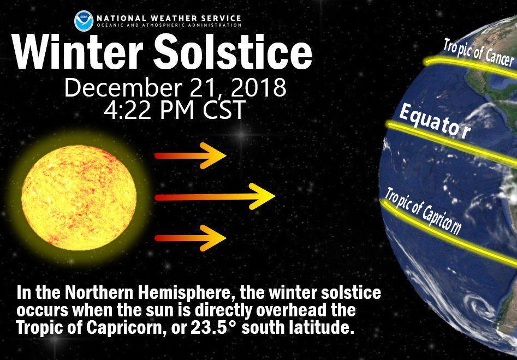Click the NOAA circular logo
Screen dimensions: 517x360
coord(84,21)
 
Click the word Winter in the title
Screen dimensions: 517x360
coord(78,52)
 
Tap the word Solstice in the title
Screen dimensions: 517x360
coord(233,51)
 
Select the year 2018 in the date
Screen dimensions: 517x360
coord(259,87)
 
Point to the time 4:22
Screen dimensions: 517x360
coord(129,110)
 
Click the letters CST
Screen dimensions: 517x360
coord(224,110)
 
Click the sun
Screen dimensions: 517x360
coord(79,197)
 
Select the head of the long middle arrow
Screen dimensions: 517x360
coord(262,196)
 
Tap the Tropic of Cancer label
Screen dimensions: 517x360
coord(478,52)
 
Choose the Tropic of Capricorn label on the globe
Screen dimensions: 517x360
coord(423,211)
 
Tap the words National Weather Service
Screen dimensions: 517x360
coord(169,18)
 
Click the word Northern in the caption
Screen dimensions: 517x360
coord(99,293)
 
